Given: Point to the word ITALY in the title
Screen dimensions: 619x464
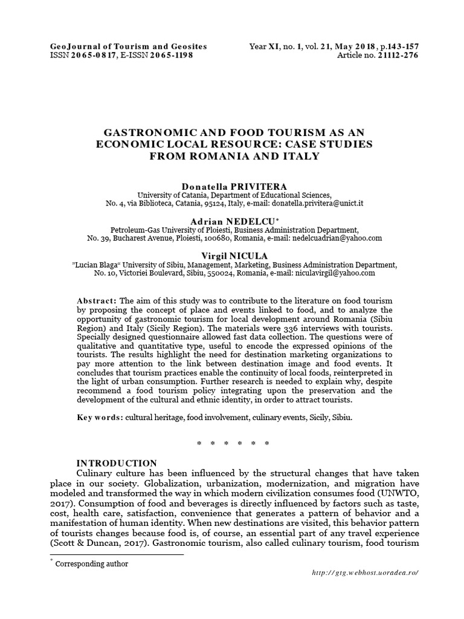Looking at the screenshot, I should [295, 156].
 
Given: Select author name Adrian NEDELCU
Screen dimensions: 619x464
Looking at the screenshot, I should [231, 221].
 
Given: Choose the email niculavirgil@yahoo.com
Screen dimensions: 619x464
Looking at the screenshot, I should [336, 273].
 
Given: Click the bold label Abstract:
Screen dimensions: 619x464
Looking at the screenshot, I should [97, 301].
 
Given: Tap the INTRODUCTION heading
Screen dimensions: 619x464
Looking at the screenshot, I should [117, 463].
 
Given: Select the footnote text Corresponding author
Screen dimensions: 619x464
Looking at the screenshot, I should [92, 563].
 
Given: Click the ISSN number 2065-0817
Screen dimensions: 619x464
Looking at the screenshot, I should [96, 56].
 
